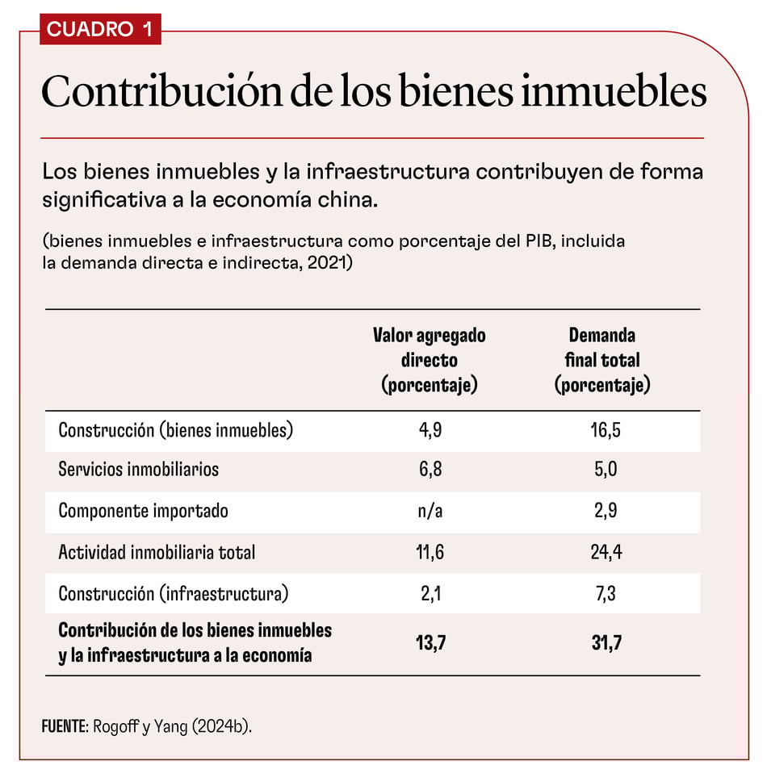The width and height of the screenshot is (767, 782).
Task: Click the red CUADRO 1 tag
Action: [x=99, y=29]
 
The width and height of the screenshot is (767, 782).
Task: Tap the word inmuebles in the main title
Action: [x=614, y=93]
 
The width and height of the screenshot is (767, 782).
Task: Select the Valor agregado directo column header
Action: [x=429, y=360]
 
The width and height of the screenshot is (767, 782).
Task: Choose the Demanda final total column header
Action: [x=602, y=360]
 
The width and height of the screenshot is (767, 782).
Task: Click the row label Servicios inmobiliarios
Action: [x=138, y=470]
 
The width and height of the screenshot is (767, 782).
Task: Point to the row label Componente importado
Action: [x=143, y=511]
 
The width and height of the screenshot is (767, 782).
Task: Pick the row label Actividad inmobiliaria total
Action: [x=157, y=553]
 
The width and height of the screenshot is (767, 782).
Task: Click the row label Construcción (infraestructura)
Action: [x=173, y=595]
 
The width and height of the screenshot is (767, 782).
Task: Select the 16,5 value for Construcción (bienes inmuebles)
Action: [x=606, y=430]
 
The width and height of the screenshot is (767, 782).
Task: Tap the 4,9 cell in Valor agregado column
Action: [x=430, y=430]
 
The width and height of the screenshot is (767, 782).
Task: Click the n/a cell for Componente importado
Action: [x=430, y=511]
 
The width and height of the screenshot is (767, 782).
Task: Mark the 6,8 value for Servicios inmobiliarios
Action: [x=430, y=470]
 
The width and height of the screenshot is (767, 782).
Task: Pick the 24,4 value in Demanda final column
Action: [x=606, y=553]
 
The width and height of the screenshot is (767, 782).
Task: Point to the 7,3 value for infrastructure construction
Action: [x=606, y=595]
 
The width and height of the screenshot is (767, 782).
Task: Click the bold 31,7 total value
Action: [x=606, y=643]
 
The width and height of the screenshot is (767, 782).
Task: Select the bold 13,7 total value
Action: [x=430, y=643]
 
